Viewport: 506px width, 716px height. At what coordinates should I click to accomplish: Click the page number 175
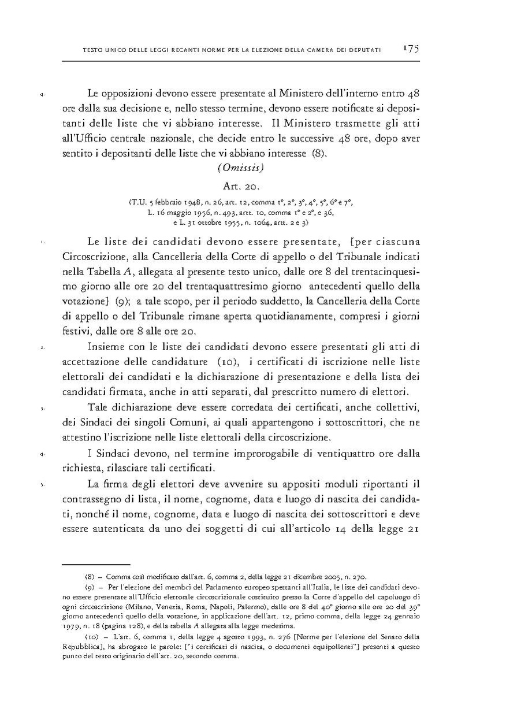pyautogui.click(x=411, y=49)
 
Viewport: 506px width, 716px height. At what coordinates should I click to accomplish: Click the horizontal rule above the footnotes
pyautogui.click(x=96, y=563)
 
